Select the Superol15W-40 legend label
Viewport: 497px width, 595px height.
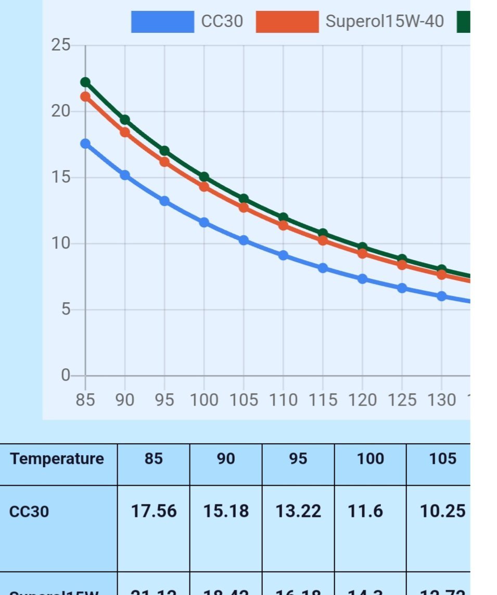pos(385,21)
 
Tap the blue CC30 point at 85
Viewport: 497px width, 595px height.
pos(85,144)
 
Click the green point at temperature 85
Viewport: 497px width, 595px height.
pos(85,82)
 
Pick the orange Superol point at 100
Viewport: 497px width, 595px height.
pos(204,187)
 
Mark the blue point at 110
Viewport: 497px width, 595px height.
pos(283,255)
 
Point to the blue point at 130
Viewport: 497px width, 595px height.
pos(441,296)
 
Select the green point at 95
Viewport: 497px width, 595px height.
pos(164,151)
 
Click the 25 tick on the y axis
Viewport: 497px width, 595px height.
pos(60,45)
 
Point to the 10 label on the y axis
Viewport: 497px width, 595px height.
pos(60,243)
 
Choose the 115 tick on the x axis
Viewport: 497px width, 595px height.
pos(323,400)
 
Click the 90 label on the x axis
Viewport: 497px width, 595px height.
pos(124,400)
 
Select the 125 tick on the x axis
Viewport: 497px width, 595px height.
pos(402,400)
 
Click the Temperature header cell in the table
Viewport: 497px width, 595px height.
pos(57,459)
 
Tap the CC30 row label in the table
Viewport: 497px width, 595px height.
pos(29,512)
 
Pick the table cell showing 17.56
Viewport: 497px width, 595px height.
pos(154,511)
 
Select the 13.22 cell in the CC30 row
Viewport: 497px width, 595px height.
pos(298,511)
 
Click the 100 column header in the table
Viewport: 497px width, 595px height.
pos(371,459)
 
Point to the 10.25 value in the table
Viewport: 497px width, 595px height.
pos(442,511)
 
